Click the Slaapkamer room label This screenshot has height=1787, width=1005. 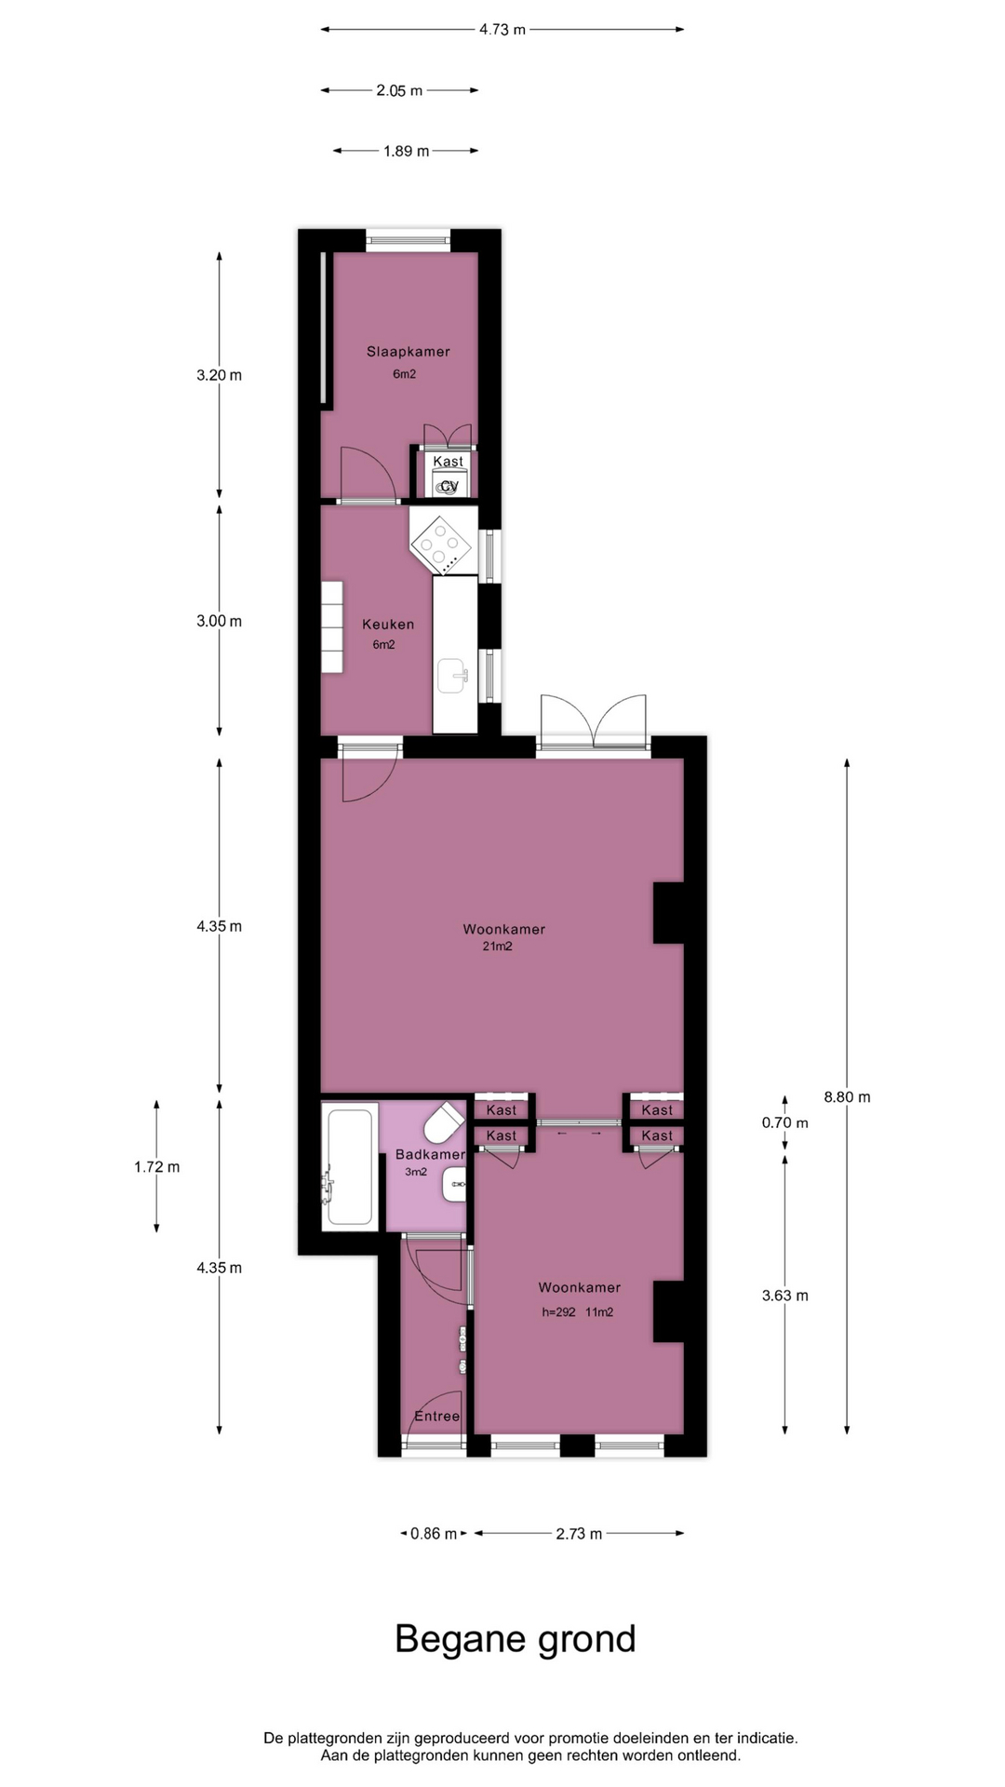[x=408, y=352]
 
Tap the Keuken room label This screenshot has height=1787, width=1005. [x=388, y=625]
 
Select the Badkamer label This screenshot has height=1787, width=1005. [x=430, y=1154]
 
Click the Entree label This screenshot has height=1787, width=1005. [x=436, y=1416]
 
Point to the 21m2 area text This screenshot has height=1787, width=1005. [x=497, y=947]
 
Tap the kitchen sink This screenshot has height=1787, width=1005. [x=452, y=676]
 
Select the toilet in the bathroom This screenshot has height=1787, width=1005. [x=444, y=1123]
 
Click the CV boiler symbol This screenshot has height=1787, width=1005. [x=449, y=485]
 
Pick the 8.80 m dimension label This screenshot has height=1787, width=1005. [x=847, y=1096]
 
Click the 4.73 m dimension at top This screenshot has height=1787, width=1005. [x=502, y=30]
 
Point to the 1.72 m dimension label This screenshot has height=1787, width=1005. [x=156, y=1166]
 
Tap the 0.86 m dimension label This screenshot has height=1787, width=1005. [x=434, y=1533]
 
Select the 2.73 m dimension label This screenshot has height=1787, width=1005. [x=579, y=1533]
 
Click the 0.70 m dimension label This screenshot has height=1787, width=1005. [x=784, y=1122]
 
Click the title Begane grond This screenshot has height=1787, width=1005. [x=515, y=1639]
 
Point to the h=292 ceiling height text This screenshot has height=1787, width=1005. [x=558, y=1312]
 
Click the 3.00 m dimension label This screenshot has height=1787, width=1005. [x=219, y=621]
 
